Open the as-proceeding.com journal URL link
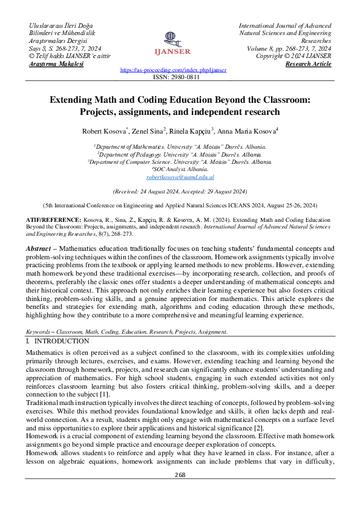(x=173, y=70)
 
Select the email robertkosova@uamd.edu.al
(x=180, y=178)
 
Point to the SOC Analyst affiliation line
(x=180, y=170)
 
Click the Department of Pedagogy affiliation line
(x=180, y=154)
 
